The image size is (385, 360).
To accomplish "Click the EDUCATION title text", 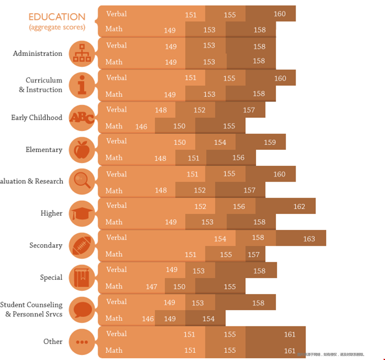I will pos(57,17).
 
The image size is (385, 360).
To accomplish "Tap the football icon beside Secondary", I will pos(82,245).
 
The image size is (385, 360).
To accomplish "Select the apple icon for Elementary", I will pos(82,149).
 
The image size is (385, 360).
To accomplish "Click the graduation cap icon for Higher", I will pos(82,213).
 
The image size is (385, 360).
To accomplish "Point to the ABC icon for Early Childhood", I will pos(82,117).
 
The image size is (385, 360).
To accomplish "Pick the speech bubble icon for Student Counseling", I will pos(82,309).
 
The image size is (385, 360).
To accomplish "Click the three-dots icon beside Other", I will pos(82,341).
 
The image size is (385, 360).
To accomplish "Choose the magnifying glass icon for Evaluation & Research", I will pos(82,181).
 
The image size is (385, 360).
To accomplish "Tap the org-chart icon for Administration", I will pos(82,53).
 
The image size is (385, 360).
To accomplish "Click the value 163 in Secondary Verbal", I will pos(309,239).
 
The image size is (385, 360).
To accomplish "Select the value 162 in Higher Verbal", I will pos(299,206).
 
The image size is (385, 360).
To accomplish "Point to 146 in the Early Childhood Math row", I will pos(141,126).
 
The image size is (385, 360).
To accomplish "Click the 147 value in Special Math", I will pos(152,286).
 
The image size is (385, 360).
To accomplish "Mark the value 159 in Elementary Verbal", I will pos(270,142).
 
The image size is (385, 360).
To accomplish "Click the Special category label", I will pos(51,277).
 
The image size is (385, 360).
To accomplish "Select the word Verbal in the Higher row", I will pos(116,205).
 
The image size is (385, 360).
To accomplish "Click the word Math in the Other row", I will pos(114,350).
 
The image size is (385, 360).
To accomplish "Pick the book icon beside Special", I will pos(82,277).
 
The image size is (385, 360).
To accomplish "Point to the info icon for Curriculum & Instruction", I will pos(82,85).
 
